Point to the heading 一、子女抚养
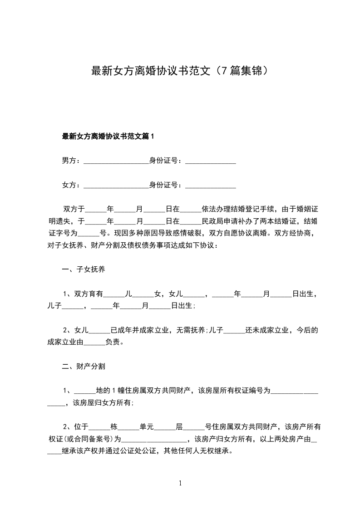(x=84, y=270)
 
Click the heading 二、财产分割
(x=84, y=366)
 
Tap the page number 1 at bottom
(x=181, y=483)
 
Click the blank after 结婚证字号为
(x=89, y=234)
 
